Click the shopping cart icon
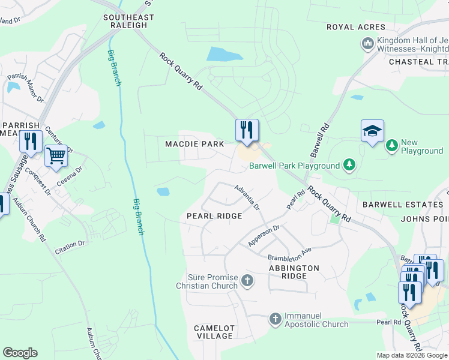(x=56, y=155)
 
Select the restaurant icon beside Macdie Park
(x=246, y=130)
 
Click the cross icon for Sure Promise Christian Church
(x=247, y=280)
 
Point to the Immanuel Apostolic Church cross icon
(x=275, y=319)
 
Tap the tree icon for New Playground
(x=391, y=145)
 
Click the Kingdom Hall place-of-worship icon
(x=367, y=44)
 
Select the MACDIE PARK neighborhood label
(x=194, y=144)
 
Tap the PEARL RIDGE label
(x=214, y=216)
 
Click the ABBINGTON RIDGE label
(x=294, y=272)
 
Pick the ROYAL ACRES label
(x=355, y=27)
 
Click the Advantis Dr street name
(x=247, y=197)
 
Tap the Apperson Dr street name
(x=264, y=236)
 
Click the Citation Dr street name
(x=70, y=245)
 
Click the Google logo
(x=20, y=353)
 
